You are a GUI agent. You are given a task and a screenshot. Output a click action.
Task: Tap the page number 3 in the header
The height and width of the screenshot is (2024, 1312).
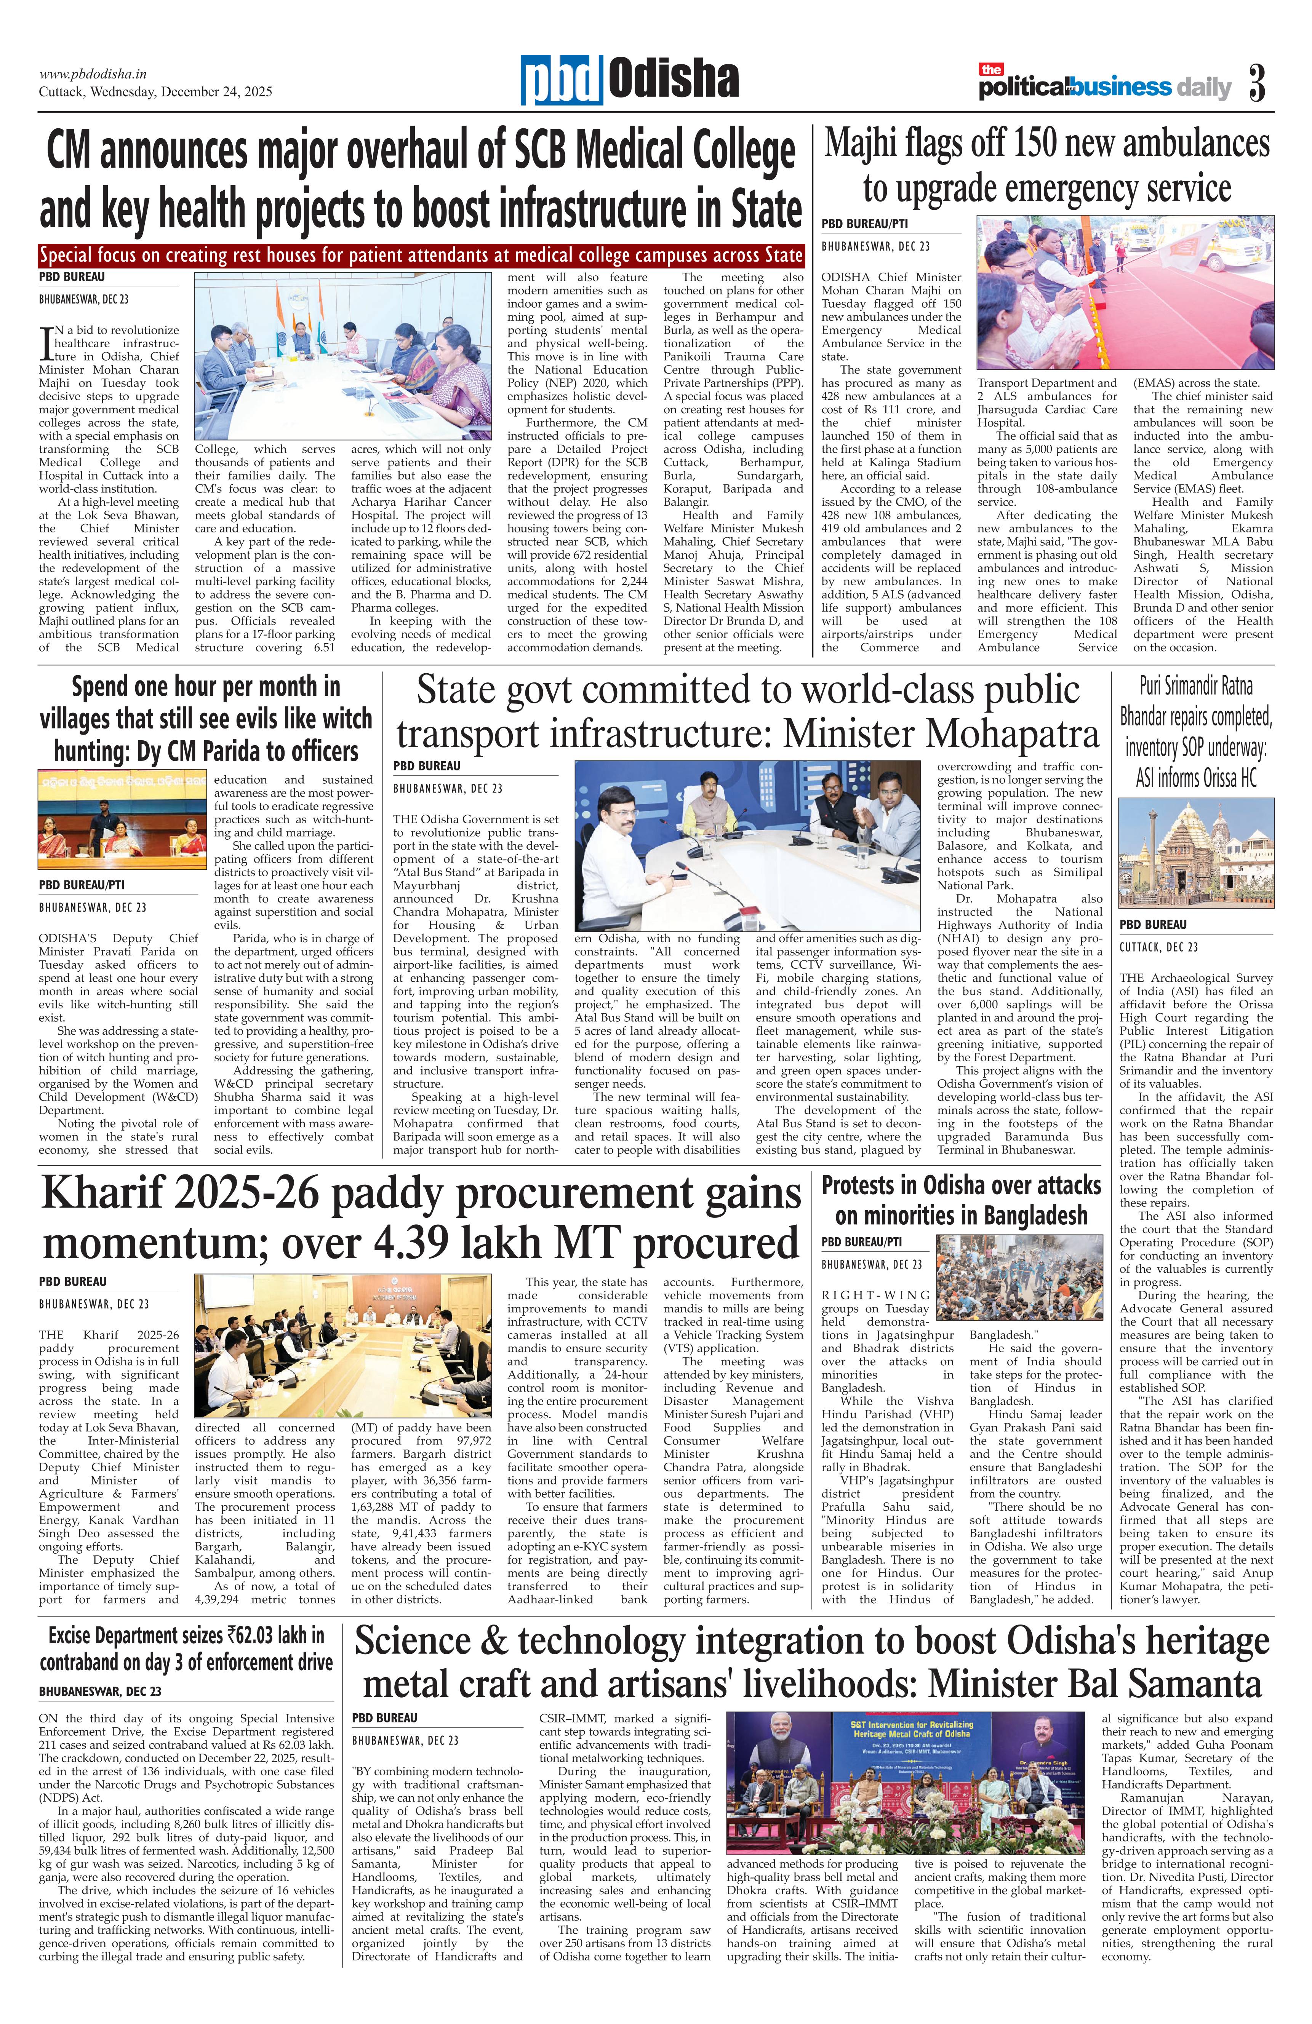coord(1257,83)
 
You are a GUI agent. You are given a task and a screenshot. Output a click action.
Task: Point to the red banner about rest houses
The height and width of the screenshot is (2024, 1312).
coord(421,255)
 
